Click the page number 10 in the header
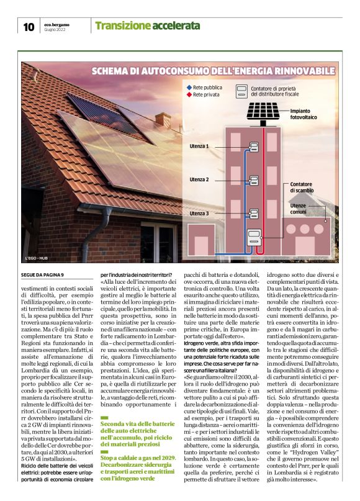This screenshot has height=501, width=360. [x=29, y=27]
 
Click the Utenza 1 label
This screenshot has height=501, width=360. [x=199, y=147]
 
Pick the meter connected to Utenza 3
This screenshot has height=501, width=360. [x=253, y=214]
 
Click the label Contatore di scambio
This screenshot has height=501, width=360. [x=305, y=187]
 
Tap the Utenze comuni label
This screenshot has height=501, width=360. [x=300, y=209]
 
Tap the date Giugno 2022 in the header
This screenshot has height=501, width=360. [x=55, y=29]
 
